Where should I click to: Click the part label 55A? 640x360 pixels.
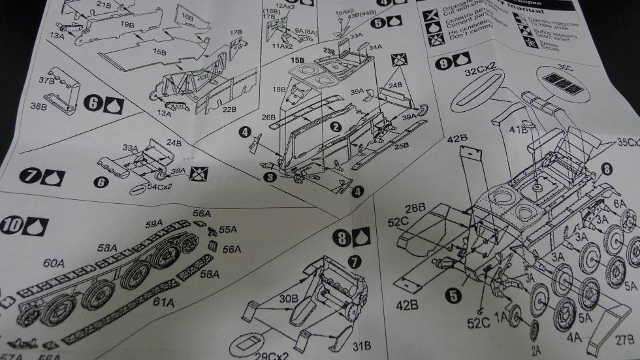228,230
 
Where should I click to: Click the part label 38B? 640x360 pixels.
39,106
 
